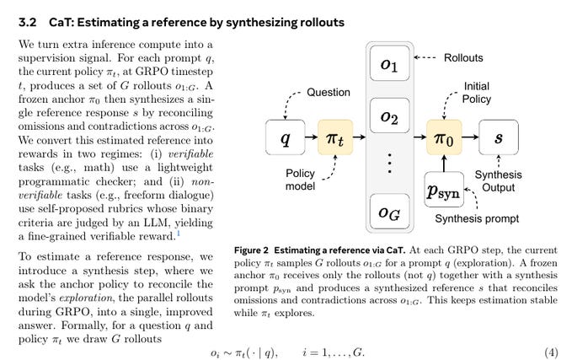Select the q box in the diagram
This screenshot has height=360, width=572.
[x=285, y=137]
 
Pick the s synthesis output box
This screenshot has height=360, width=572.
[x=498, y=137]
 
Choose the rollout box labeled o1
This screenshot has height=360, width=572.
[x=391, y=67]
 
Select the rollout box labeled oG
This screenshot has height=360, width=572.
[x=391, y=212]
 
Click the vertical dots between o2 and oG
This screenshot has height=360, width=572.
[x=391, y=162]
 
